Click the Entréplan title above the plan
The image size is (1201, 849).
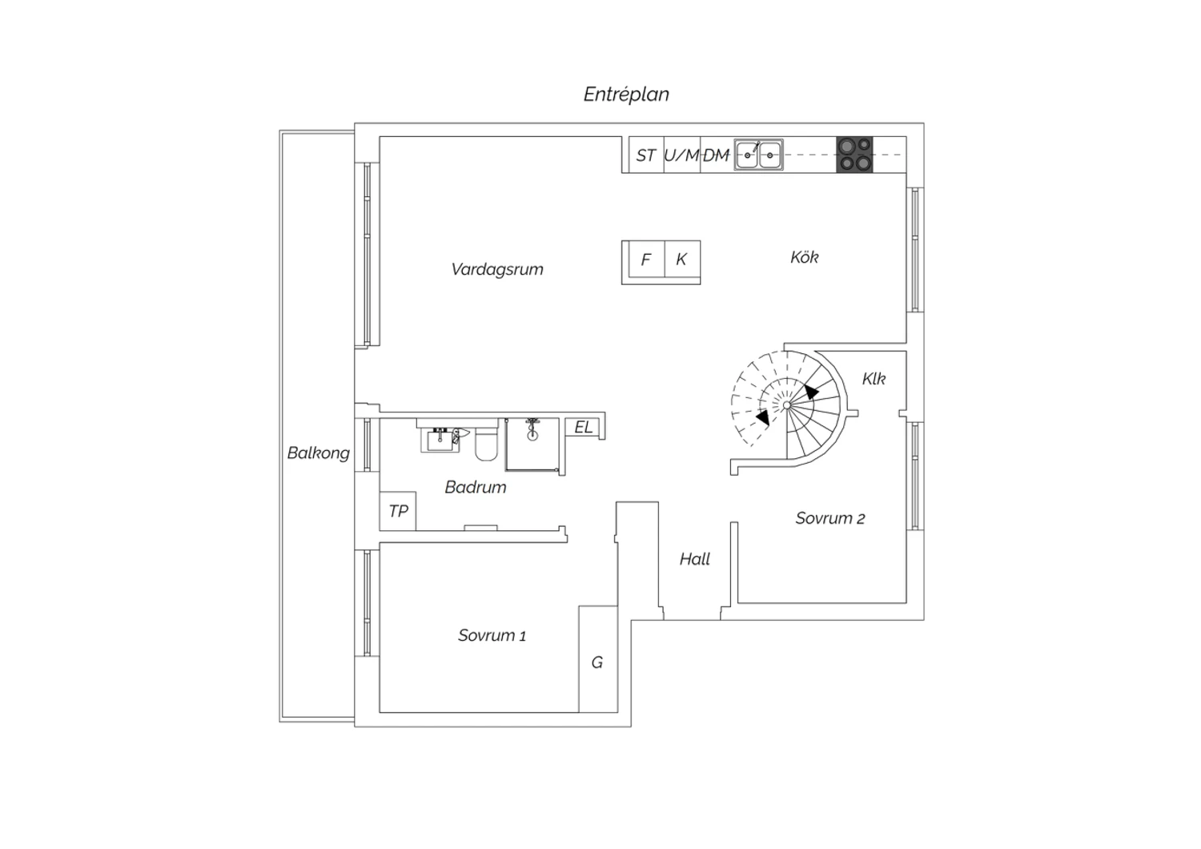point(626,95)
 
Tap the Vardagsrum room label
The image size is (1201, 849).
point(497,269)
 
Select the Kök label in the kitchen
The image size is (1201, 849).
point(804,257)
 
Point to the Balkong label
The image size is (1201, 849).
point(319,453)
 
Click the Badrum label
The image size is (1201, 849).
point(476,487)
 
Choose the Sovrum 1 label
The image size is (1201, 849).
point(492,635)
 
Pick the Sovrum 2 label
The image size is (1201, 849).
point(830,518)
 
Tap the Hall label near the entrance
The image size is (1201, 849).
point(694,559)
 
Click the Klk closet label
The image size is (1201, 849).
point(874,379)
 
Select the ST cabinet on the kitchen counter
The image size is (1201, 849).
point(647,155)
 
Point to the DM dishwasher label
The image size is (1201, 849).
point(717,155)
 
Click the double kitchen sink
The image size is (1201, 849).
point(759,155)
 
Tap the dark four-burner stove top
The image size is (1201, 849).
point(854,155)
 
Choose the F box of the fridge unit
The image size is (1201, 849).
point(647,259)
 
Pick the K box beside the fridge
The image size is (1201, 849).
point(682,259)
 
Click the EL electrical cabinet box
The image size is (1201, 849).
point(583,428)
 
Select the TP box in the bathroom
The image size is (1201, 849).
point(398,511)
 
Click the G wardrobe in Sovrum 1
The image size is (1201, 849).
point(598,659)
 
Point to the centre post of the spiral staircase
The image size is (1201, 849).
point(786,405)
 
